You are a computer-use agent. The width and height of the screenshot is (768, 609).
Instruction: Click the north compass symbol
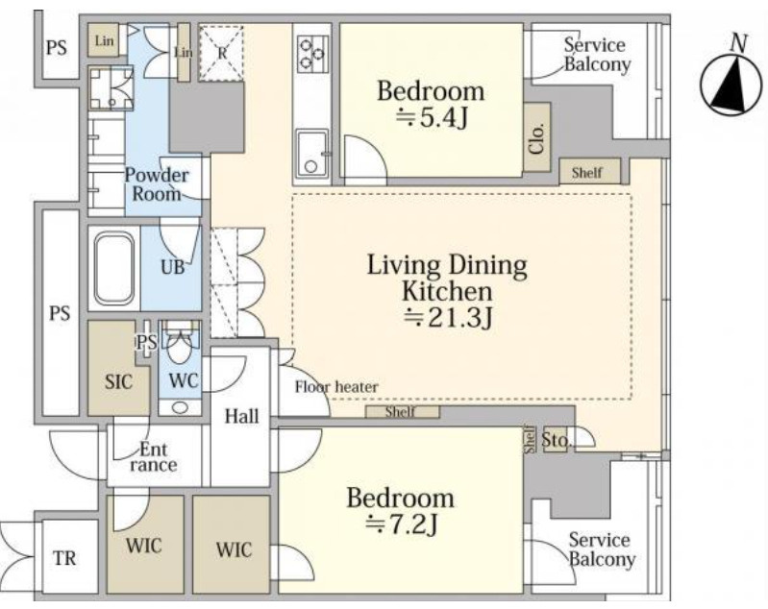click(x=731, y=85)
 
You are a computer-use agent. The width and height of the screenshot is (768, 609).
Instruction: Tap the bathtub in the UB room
click(x=114, y=269)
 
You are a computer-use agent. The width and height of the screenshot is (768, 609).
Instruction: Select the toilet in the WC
click(x=180, y=346)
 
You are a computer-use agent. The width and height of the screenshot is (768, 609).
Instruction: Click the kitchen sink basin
click(x=311, y=154)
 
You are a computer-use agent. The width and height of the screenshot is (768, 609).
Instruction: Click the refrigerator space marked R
click(x=221, y=53)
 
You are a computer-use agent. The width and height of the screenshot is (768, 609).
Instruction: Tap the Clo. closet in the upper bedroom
click(x=537, y=137)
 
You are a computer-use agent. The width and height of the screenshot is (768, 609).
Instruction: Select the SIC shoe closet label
click(x=119, y=381)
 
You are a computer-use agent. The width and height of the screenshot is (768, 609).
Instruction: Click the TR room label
click(x=64, y=558)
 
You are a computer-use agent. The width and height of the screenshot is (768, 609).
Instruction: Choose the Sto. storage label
click(x=557, y=441)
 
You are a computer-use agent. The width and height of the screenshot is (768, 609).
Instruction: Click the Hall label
click(x=241, y=416)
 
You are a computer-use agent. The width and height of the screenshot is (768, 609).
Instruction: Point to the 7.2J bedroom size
click(x=401, y=524)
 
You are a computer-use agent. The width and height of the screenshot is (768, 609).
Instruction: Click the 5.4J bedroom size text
click(x=432, y=117)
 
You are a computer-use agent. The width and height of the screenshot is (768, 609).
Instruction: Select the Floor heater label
click(x=336, y=387)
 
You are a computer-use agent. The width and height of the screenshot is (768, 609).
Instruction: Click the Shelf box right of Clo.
click(x=590, y=172)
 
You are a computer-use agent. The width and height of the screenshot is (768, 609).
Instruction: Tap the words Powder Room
click(x=157, y=184)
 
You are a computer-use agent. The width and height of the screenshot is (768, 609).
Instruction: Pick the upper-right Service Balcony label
click(x=596, y=55)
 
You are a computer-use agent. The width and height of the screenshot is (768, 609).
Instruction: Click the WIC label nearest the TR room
click(x=143, y=546)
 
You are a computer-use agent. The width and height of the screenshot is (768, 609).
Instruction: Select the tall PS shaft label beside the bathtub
click(x=60, y=313)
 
